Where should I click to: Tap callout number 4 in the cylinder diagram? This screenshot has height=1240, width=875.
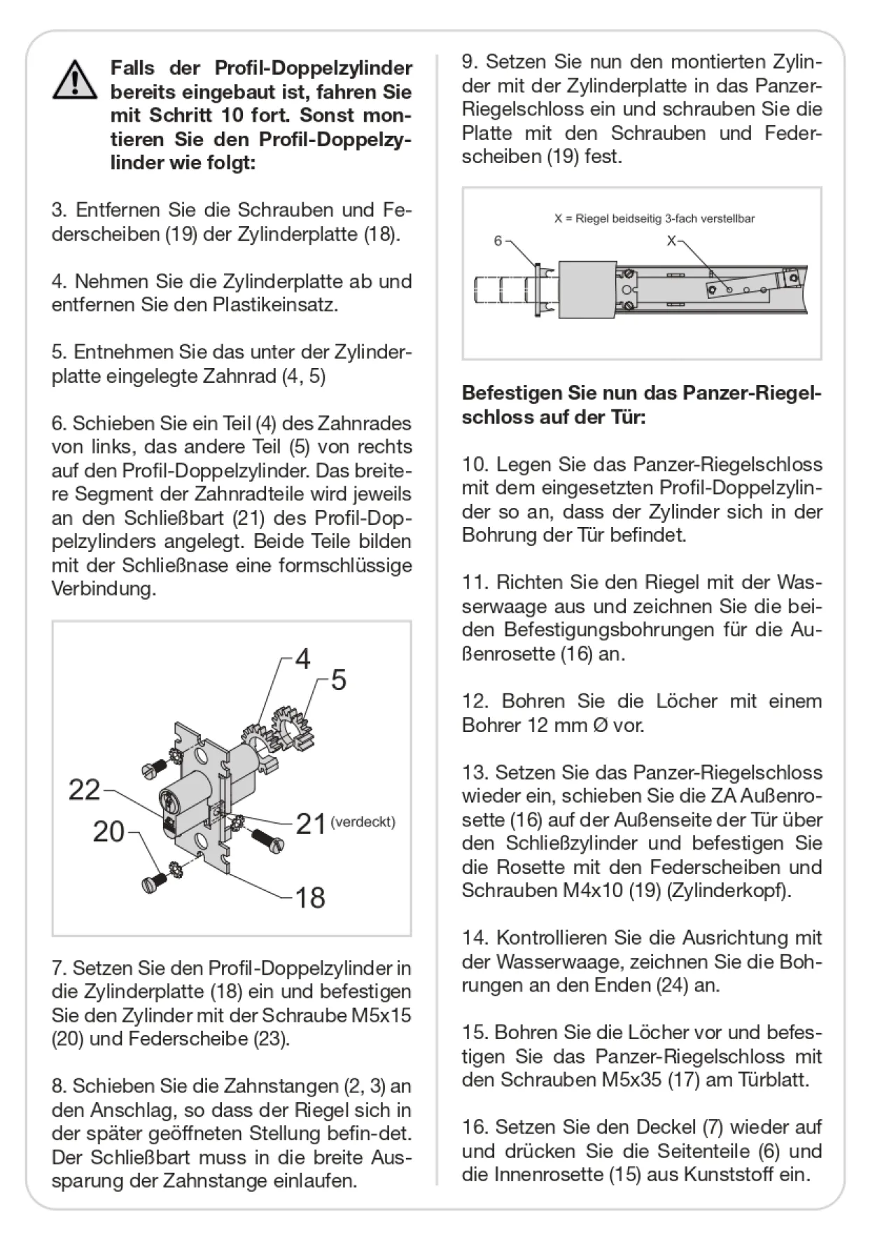click(302, 658)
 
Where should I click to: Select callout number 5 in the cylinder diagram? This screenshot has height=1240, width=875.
click(339, 680)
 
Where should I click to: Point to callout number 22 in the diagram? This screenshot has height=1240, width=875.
click(85, 790)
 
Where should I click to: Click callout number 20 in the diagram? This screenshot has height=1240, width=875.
click(109, 831)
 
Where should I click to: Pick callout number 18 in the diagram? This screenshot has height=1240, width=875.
click(310, 897)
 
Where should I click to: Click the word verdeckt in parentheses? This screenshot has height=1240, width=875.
click(363, 822)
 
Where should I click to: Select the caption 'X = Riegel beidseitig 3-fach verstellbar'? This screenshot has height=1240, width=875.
click(654, 219)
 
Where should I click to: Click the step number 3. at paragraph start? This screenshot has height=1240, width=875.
click(59, 210)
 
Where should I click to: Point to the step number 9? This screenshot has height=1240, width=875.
click(470, 62)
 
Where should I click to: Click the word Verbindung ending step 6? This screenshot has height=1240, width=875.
click(104, 589)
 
